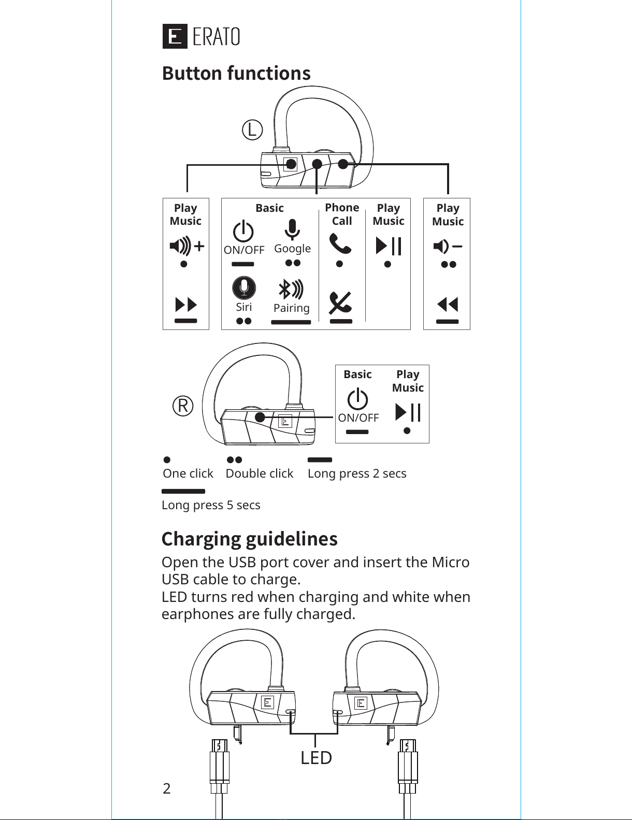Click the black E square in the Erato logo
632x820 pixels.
(x=175, y=36)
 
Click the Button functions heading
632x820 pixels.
(x=236, y=73)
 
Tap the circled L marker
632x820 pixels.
(x=252, y=130)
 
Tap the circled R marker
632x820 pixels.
(x=183, y=406)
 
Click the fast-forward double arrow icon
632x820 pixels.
(x=186, y=305)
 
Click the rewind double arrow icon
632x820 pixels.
(x=448, y=304)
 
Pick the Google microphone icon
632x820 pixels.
(x=292, y=229)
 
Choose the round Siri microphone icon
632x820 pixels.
(x=244, y=288)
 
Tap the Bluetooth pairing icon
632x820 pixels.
(x=291, y=290)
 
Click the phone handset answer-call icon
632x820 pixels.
(x=340, y=243)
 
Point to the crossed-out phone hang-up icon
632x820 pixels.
(x=340, y=303)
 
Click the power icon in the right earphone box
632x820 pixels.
(x=357, y=399)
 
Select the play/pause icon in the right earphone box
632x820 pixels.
(x=408, y=412)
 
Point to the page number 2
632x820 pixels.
(x=166, y=789)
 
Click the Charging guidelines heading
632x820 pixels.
(x=249, y=539)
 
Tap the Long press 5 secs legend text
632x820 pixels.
(x=211, y=505)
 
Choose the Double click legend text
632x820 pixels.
(x=259, y=473)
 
